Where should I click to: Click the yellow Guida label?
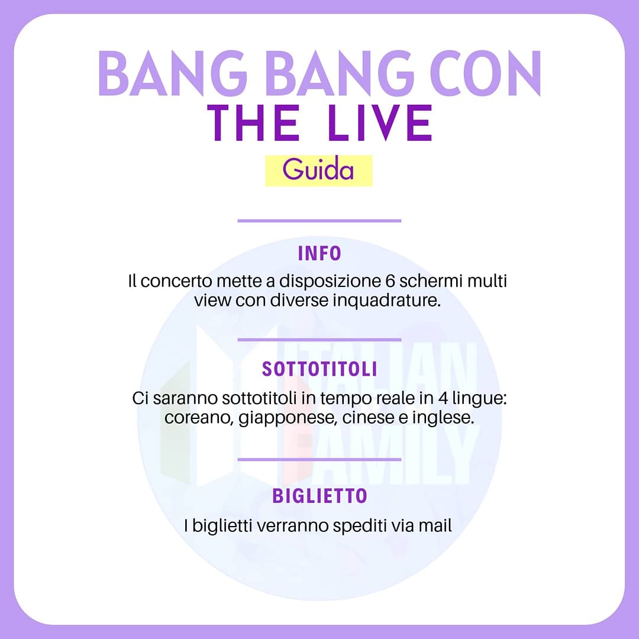318,170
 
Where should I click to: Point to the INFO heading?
319,254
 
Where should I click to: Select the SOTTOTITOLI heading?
319,370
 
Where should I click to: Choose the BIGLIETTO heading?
319,496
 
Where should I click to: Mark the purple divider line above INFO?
319,221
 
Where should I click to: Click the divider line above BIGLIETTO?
319,459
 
